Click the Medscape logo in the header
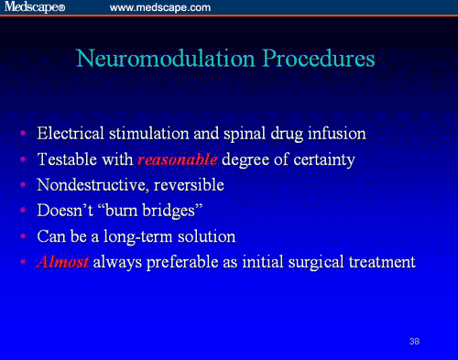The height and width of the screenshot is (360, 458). (x=35, y=7)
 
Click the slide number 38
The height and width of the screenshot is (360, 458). (x=415, y=341)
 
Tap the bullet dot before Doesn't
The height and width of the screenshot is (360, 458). (x=23, y=212)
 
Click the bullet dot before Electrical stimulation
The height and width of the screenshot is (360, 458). (x=23, y=135)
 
